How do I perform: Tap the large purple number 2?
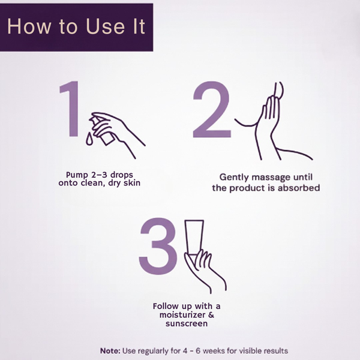point(212,109)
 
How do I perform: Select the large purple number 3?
point(158,247)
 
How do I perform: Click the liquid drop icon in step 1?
point(89,139)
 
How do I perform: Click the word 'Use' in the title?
point(106,26)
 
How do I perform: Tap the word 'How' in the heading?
point(29,26)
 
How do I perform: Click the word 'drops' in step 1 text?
point(122,175)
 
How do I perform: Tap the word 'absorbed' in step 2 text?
point(299,188)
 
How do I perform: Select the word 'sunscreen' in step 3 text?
point(187,323)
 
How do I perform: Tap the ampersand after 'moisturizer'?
point(211,314)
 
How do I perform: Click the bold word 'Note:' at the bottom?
point(110,351)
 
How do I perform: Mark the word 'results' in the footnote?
point(276,351)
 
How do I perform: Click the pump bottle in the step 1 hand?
point(103,130)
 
